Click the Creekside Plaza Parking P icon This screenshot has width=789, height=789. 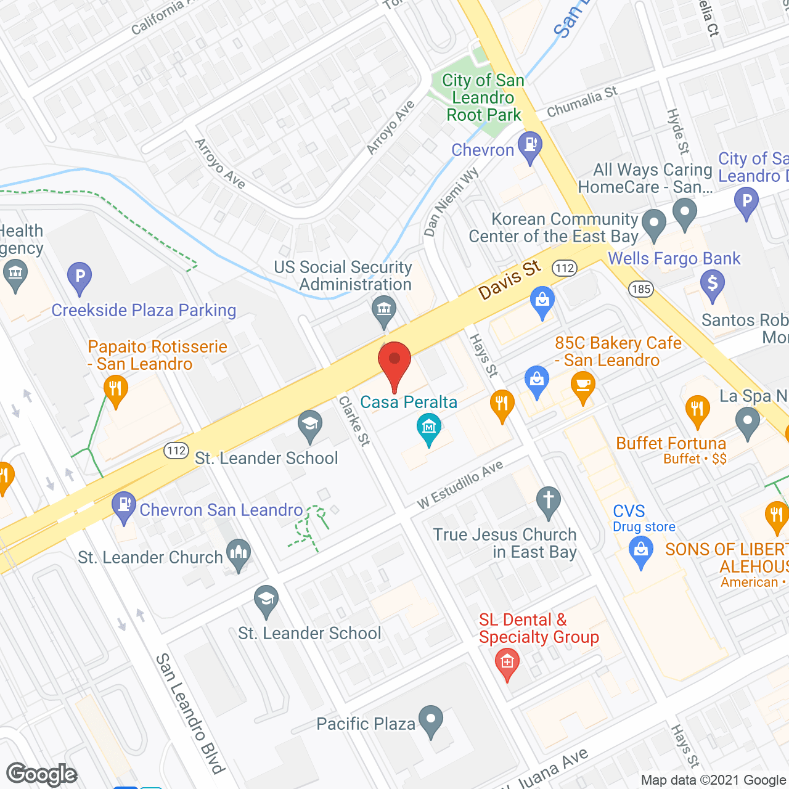click(80, 277)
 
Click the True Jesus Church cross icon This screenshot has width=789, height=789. click(548, 501)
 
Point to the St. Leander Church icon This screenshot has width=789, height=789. click(239, 554)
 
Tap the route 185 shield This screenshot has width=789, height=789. click(641, 288)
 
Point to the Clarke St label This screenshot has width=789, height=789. click(354, 420)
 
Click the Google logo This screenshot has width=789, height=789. click(42, 774)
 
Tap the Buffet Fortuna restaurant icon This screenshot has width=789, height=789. click(697, 410)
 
